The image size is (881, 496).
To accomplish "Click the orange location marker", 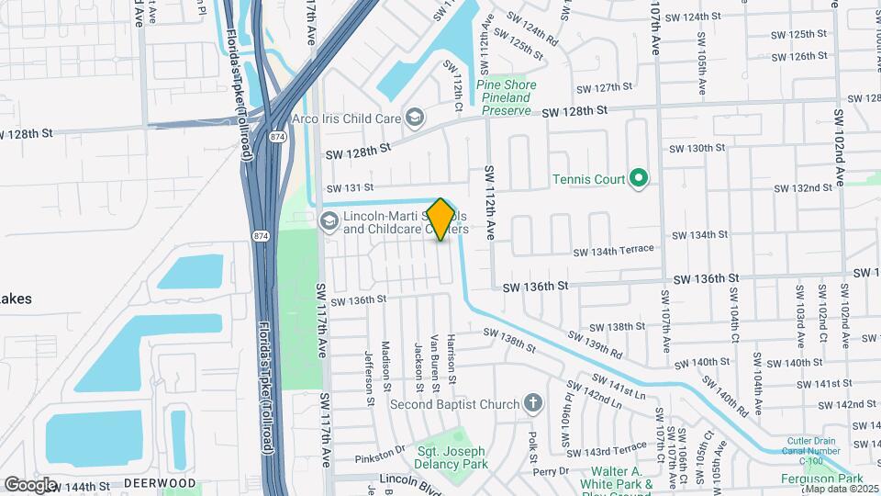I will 440,219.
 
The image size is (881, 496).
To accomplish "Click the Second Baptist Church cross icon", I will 533,403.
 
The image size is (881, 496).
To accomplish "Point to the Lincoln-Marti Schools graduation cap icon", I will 329,220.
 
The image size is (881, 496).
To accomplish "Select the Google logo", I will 29,484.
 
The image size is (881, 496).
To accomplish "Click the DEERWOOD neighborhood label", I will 160,483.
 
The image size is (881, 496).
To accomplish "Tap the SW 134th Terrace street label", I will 614,250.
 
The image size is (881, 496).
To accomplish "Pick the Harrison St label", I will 452,353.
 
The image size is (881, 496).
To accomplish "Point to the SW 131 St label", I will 350,187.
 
